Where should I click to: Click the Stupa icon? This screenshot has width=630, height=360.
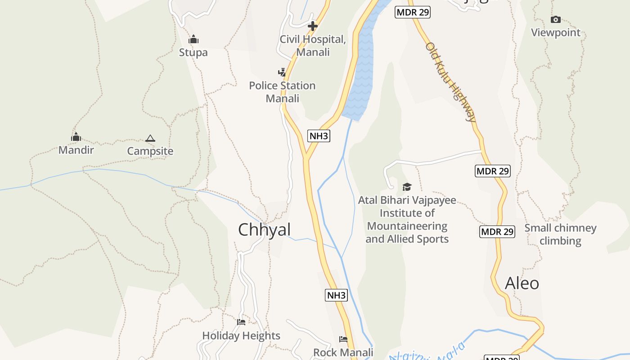pos(193,39)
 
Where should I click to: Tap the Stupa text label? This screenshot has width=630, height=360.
pos(193,53)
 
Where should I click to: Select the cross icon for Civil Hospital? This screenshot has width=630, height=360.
pos(313,26)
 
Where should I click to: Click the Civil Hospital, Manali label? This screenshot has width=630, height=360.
pos(313,45)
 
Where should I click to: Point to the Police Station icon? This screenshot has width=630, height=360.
pos(282,72)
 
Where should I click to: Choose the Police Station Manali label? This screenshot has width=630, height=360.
pos(282,92)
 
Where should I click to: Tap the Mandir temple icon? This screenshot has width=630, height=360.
pos(76,137)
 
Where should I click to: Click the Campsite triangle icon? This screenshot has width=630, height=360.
pos(150,138)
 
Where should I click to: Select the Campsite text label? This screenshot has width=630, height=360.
pos(150,151)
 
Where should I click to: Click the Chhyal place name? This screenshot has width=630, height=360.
pos(265,230)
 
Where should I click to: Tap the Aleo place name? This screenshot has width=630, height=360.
pos(522,283)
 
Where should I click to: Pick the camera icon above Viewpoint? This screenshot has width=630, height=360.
pos(556,19)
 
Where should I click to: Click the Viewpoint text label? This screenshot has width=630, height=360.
pos(556,33)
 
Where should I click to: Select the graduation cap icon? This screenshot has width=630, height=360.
pos(407,187)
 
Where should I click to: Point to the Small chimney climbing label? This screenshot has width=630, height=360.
pos(560,234)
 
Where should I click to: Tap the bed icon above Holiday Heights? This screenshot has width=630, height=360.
pos(241,322)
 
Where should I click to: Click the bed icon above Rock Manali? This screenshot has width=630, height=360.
pos(343,339)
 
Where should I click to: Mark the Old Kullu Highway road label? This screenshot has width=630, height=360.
pos(450,82)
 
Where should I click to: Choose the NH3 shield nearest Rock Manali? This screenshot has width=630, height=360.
pos(337,295)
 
